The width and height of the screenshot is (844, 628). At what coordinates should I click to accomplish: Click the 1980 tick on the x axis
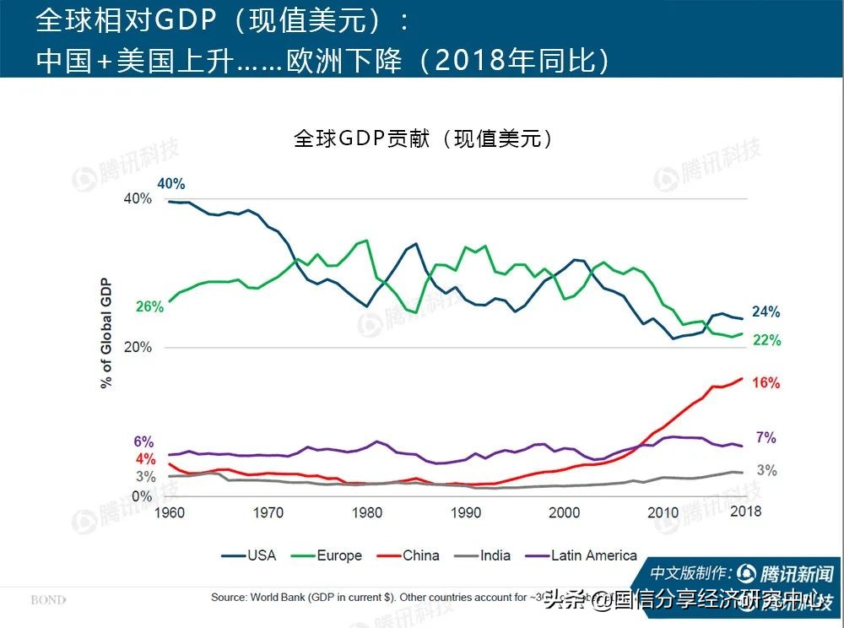(x=367, y=512)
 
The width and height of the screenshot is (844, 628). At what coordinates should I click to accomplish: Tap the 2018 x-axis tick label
(x=745, y=512)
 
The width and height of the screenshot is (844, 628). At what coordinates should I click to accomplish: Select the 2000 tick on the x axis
(x=565, y=512)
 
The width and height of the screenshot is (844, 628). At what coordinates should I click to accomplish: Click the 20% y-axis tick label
(x=138, y=348)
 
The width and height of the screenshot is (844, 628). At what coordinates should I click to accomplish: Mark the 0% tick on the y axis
(x=143, y=496)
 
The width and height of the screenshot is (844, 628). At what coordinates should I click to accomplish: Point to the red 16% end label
(x=766, y=383)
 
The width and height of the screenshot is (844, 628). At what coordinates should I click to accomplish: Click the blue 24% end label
(x=766, y=312)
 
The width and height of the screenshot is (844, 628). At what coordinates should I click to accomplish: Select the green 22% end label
(x=766, y=341)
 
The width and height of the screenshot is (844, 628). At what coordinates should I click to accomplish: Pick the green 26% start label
(x=149, y=307)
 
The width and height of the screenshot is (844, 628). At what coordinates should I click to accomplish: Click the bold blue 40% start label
(x=170, y=184)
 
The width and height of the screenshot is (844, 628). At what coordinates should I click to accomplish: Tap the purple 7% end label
(x=766, y=438)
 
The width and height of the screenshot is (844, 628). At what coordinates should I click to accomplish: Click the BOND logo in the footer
(x=48, y=600)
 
